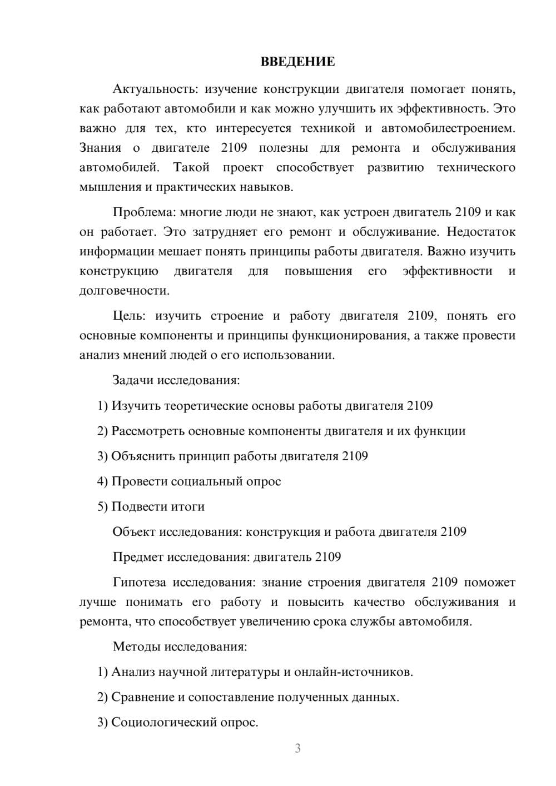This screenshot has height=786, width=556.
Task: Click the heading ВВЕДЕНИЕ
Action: coord(297,62)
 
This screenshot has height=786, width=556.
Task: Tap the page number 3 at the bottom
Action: coord(297,748)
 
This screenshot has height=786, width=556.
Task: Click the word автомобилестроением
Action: coord(448,128)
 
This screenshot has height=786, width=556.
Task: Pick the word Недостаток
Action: coord(481,232)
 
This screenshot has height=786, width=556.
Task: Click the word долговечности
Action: coord(124,291)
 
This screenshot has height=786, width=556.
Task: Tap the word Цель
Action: coord(128,316)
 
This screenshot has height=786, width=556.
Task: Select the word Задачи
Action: coord(133,381)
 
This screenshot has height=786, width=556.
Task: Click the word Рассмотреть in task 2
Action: coord(147,431)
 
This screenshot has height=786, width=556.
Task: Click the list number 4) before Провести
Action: coord(102,481)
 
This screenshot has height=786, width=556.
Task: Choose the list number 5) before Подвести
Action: coord(102,507)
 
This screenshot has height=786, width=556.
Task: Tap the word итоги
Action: coord(188,507)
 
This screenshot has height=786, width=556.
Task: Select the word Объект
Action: coord(134,532)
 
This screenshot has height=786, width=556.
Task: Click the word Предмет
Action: coord(138,557)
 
